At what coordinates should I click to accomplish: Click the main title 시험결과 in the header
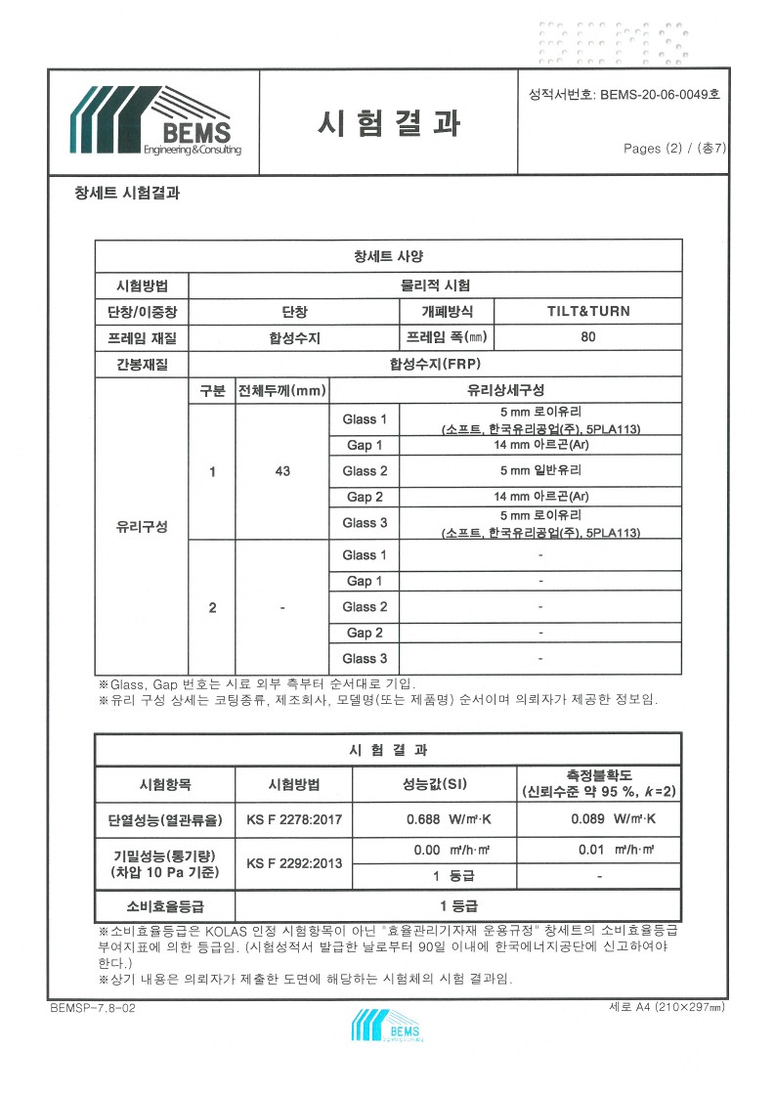point(388,122)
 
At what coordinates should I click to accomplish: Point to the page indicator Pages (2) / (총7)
point(674,149)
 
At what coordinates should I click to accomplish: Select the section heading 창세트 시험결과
point(127,193)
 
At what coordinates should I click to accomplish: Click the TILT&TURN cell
point(587,312)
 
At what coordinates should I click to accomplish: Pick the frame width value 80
point(587,338)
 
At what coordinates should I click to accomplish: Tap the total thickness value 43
point(282,471)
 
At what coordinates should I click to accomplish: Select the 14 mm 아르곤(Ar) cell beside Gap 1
point(540,445)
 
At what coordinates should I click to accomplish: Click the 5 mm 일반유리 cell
point(540,471)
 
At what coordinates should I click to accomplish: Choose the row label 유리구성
point(142,526)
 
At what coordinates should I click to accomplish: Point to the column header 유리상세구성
point(505,391)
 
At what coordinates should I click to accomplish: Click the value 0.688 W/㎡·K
point(434,819)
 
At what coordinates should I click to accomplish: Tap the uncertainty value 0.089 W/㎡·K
point(598,819)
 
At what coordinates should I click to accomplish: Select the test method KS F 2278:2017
point(293,819)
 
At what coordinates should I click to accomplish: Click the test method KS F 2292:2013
point(293,863)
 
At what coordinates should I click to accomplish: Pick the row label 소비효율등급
point(165,905)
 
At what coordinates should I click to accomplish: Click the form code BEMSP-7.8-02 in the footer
point(92,1006)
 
